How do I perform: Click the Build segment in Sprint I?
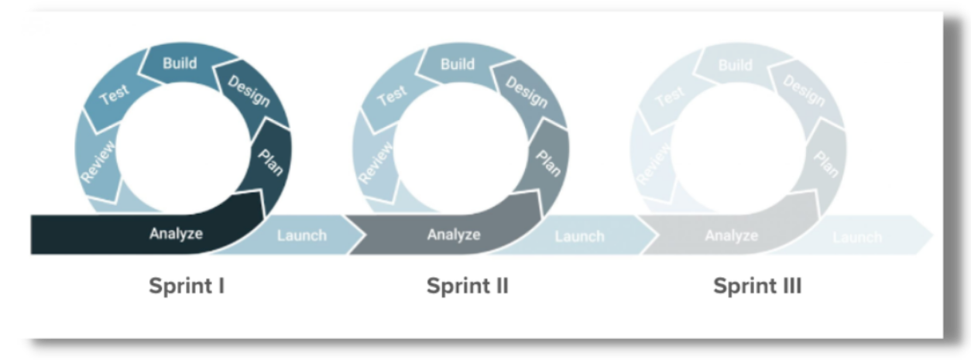(x=179, y=63)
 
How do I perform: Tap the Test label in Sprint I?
(x=115, y=95)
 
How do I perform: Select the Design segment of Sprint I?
(x=249, y=91)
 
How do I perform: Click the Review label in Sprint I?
(x=98, y=162)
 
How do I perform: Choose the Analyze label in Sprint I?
(x=176, y=233)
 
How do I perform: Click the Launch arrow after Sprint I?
(x=301, y=235)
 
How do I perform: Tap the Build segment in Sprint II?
(x=457, y=63)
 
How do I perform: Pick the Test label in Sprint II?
(x=392, y=95)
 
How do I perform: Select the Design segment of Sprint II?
(x=527, y=91)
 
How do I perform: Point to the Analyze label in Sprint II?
(x=454, y=233)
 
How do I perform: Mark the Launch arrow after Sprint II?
(x=579, y=236)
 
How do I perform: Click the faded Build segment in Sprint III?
(x=735, y=65)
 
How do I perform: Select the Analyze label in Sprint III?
(x=731, y=235)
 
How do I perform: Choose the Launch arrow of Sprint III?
(x=858, y=237)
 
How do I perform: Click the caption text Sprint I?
(x=187, y=286)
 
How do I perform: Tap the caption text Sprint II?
(x=467, y=286)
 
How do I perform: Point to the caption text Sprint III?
(x=757, y=286)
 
